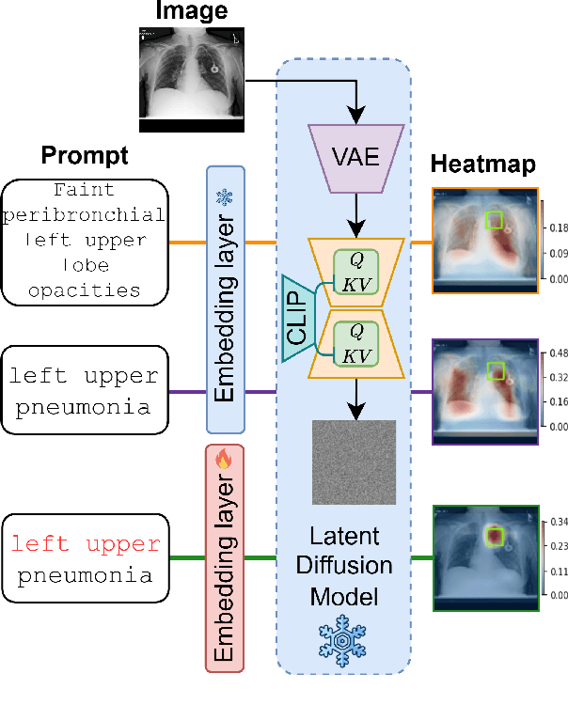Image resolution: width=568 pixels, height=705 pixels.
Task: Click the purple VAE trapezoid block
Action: (356, 157)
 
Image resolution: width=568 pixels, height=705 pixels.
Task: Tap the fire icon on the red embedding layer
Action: (224, 460)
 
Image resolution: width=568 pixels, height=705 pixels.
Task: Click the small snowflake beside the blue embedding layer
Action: (225, 198)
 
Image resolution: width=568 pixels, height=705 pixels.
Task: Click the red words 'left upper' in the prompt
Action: (85, 544)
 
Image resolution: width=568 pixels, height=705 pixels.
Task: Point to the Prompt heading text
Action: (85, 154)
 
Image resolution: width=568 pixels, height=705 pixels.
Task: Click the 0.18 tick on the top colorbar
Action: (555, 228)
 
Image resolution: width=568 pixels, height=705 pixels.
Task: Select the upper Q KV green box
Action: (356, 271)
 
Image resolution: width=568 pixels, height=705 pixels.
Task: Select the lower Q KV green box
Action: (356, 343)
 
